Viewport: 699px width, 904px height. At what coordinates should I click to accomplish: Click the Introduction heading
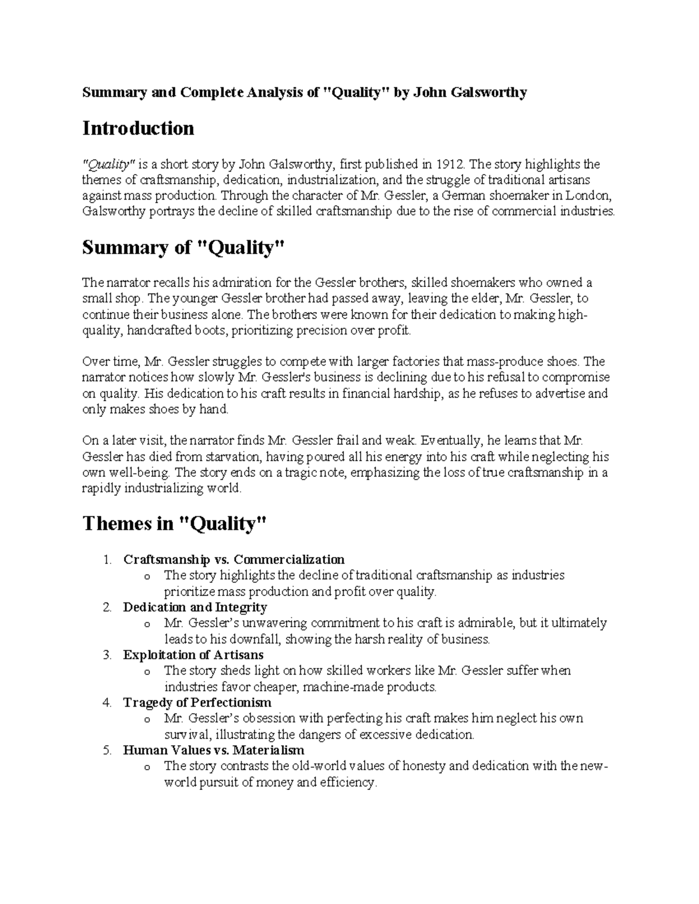pos(138,128)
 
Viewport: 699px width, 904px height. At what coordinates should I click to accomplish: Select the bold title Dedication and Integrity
pos(195,607)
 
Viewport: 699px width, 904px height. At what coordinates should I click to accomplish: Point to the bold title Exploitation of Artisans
pos(193,655)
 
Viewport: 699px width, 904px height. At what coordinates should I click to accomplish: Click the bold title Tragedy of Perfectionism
pos(197,703)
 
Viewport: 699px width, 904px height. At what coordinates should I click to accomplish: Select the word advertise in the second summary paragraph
pos(561,393)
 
